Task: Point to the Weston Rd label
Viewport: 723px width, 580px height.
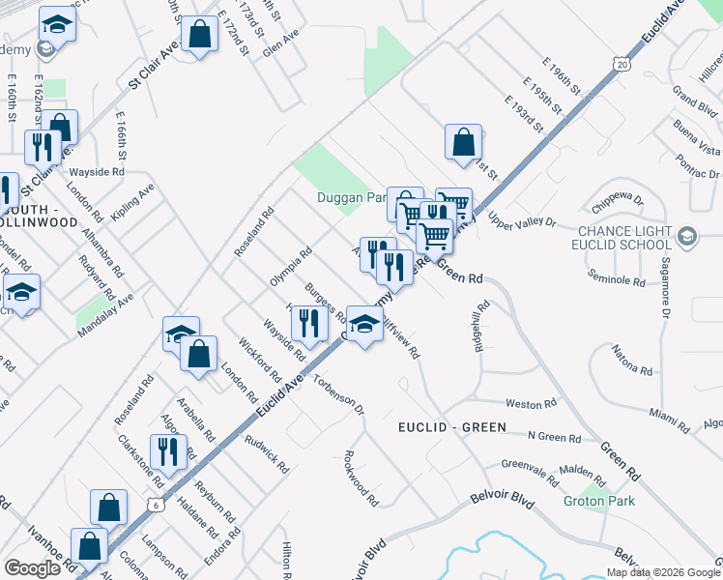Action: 532,404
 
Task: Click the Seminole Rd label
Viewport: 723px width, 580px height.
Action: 617,279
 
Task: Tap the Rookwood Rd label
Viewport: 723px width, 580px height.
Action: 361,478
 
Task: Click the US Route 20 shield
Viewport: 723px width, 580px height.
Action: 620,62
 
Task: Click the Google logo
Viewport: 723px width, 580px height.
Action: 33,568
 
